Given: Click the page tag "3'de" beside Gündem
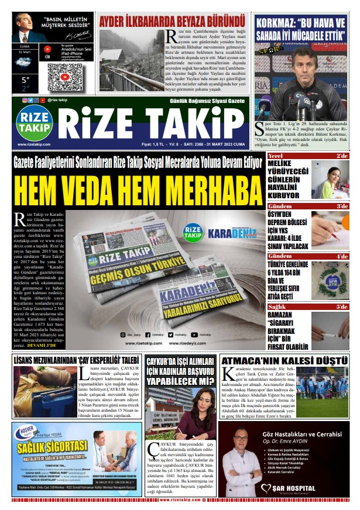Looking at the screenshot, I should [x=342, y=206].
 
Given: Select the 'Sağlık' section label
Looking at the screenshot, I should [x=277, y=306].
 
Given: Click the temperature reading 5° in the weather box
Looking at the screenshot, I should [x=26, y=79].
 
